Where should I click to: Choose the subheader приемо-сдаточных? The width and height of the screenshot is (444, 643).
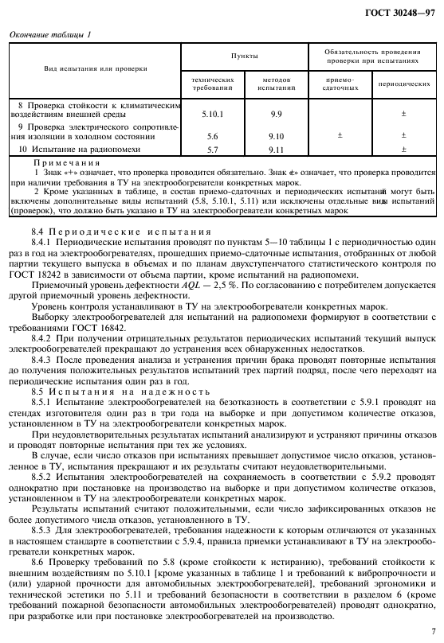pyautogui.click(x=340, y=83)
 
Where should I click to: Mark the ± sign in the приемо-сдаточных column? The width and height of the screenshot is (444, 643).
pyautogui.click(x=340, y=136)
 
